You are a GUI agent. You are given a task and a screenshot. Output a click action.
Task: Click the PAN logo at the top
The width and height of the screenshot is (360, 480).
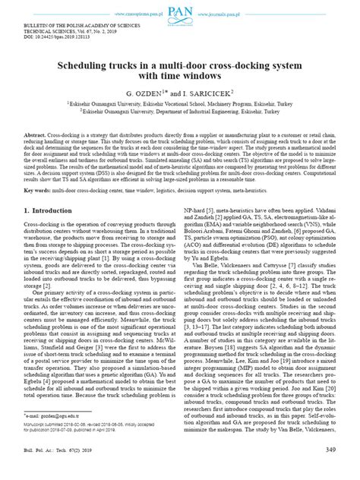180,10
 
